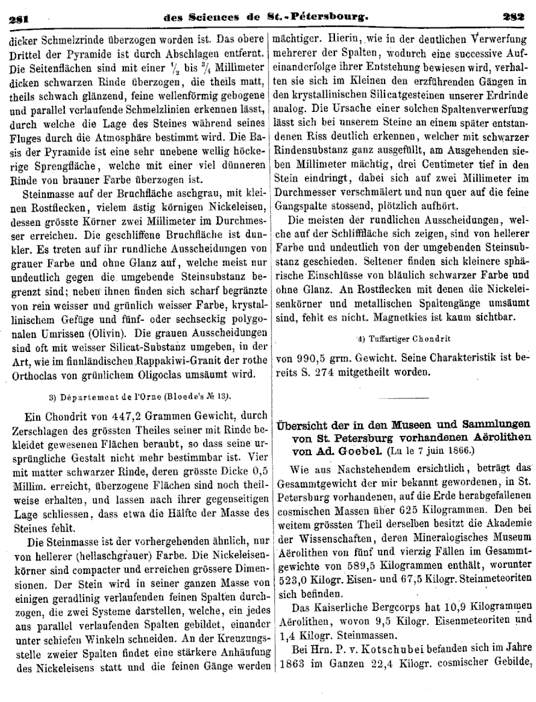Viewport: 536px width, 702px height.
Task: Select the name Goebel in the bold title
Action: tap(348, 451)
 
